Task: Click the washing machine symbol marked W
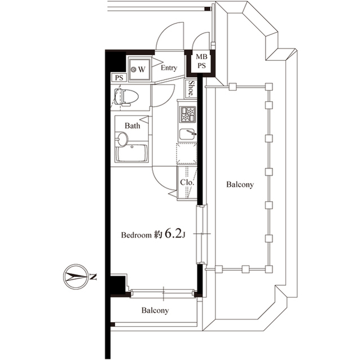pyautogui.click(x=139, y=69)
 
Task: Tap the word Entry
pyautogui.click(x=169, y=68)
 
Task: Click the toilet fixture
pyautogui.click(x=126, y=97)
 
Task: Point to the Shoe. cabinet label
pyautogui.click(x=192, y=89)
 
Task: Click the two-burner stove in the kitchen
pyautogui.click(x=187, y=114)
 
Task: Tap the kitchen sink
pyautogui.click(x=187, y=135)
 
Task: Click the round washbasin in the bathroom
pyautogui.click(x=122, y=139)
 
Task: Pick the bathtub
pyautogui.click(x=131, y=154)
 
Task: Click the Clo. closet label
pyautogui.click(x=187, y=183)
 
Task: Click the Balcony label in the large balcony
pyautogui.click(x=240, y=185)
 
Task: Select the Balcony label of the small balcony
pyautogui.click(x=155, y=310)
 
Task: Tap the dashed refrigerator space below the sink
pyautogui.click(x=186, y=153)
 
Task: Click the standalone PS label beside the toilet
pyautogui.click(x=118, y=78)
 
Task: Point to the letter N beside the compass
pyautogui.click(x=94, y=277)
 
